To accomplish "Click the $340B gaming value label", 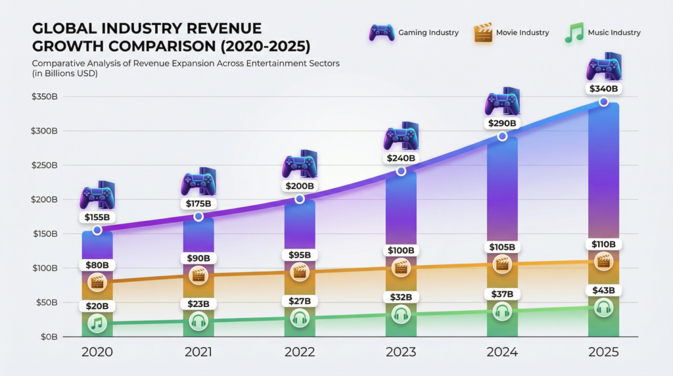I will click(x=603, y=89).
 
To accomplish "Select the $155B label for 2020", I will click(x=97, y=217).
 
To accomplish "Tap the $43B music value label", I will click(x=603, y=291).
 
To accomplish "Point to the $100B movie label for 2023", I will click(x=401, y=250).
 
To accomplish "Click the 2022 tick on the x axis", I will click(x=300, y=352).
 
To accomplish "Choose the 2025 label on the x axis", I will click(x=603, y=352).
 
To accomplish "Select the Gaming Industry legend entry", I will click(x=413, y=32).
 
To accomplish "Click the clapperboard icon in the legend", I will click(x=483, y=32).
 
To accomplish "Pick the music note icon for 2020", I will click(x=97, y=323).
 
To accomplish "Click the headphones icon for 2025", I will click(x=603, y=307).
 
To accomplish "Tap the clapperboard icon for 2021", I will click(x=198, y=275).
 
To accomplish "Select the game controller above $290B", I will click(x=502, y=102).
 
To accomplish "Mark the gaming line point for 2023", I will click(x=401, y=172).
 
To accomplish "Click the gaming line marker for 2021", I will click(x=198, y=217).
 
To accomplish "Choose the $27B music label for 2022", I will click(x=300, y=301).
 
